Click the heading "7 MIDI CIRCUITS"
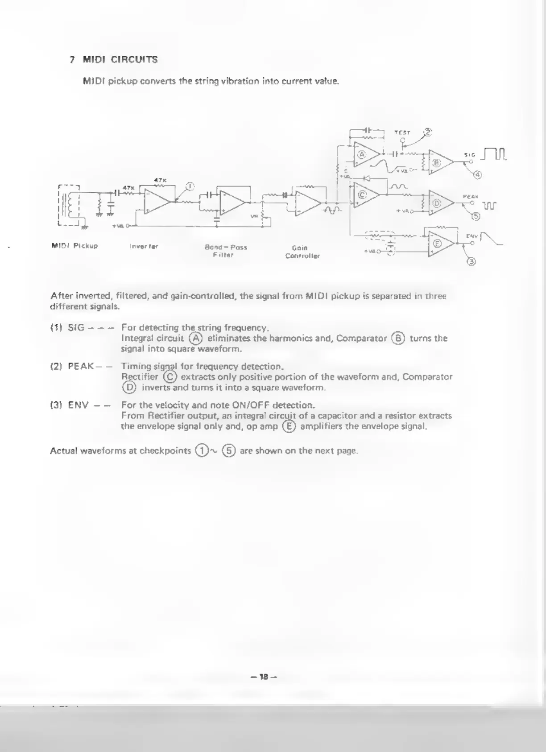[114, 59]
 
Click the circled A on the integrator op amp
[362, 154]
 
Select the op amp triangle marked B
[437, 163]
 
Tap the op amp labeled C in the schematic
[362, 195]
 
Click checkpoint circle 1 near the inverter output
[190, 186]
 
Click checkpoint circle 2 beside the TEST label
[428, 132]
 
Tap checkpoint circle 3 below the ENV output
[472, 261]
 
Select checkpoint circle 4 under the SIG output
[478, 174]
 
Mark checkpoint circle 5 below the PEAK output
[476, 217]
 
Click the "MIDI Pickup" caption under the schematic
[74, 246]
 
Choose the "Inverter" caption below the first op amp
[144, 246]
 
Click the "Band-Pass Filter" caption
[226, 251]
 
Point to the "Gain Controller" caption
[302, 252]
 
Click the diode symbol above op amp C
[367, 178]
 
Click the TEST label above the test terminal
[402, 132]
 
